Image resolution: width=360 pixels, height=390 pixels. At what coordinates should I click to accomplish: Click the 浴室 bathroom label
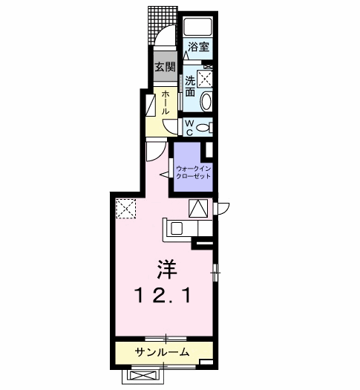(x=198, y=47)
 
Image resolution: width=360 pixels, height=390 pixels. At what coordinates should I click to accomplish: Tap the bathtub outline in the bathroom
(x=199, y=28)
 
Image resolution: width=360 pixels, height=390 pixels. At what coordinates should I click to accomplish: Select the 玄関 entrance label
(x=164, y=67)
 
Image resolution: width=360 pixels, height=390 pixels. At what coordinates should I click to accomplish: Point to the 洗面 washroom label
(x=190, y=86)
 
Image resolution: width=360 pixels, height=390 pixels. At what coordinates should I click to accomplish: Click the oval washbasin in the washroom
(x=207, y=102)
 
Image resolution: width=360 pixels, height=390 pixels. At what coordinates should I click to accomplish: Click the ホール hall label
(x=166, y=101)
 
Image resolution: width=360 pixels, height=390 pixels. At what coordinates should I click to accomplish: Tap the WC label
(x=189, y=126)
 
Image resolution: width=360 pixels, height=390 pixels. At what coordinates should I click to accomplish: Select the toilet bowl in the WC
(x=204, y=126)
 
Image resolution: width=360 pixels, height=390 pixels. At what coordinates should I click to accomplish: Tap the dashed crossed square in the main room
(x=126, y=209)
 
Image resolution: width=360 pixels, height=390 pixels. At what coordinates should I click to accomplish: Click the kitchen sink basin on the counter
(x=177, y=228)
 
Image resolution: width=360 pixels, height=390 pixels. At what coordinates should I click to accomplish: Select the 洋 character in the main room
(x=164, y=265)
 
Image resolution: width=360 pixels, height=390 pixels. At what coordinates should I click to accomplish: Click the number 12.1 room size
(x=163, y=296)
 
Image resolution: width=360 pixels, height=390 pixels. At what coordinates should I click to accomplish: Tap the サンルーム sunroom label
(x=162, y=351)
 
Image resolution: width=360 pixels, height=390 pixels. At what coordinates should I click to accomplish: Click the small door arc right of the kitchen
(x=223, y=208)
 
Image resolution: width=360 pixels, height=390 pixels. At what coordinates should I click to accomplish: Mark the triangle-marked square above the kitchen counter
(x=200, y=209)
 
